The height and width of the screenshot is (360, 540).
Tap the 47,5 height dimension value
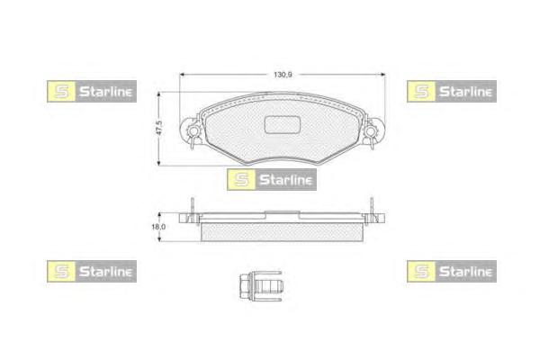click(x=159, y=129)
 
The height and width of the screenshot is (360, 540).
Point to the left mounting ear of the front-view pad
click(x=191, y=133)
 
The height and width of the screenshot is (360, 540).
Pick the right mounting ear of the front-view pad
click(x=373, y=133)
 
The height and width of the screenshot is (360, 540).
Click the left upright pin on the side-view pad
click(x=192, y=209)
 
